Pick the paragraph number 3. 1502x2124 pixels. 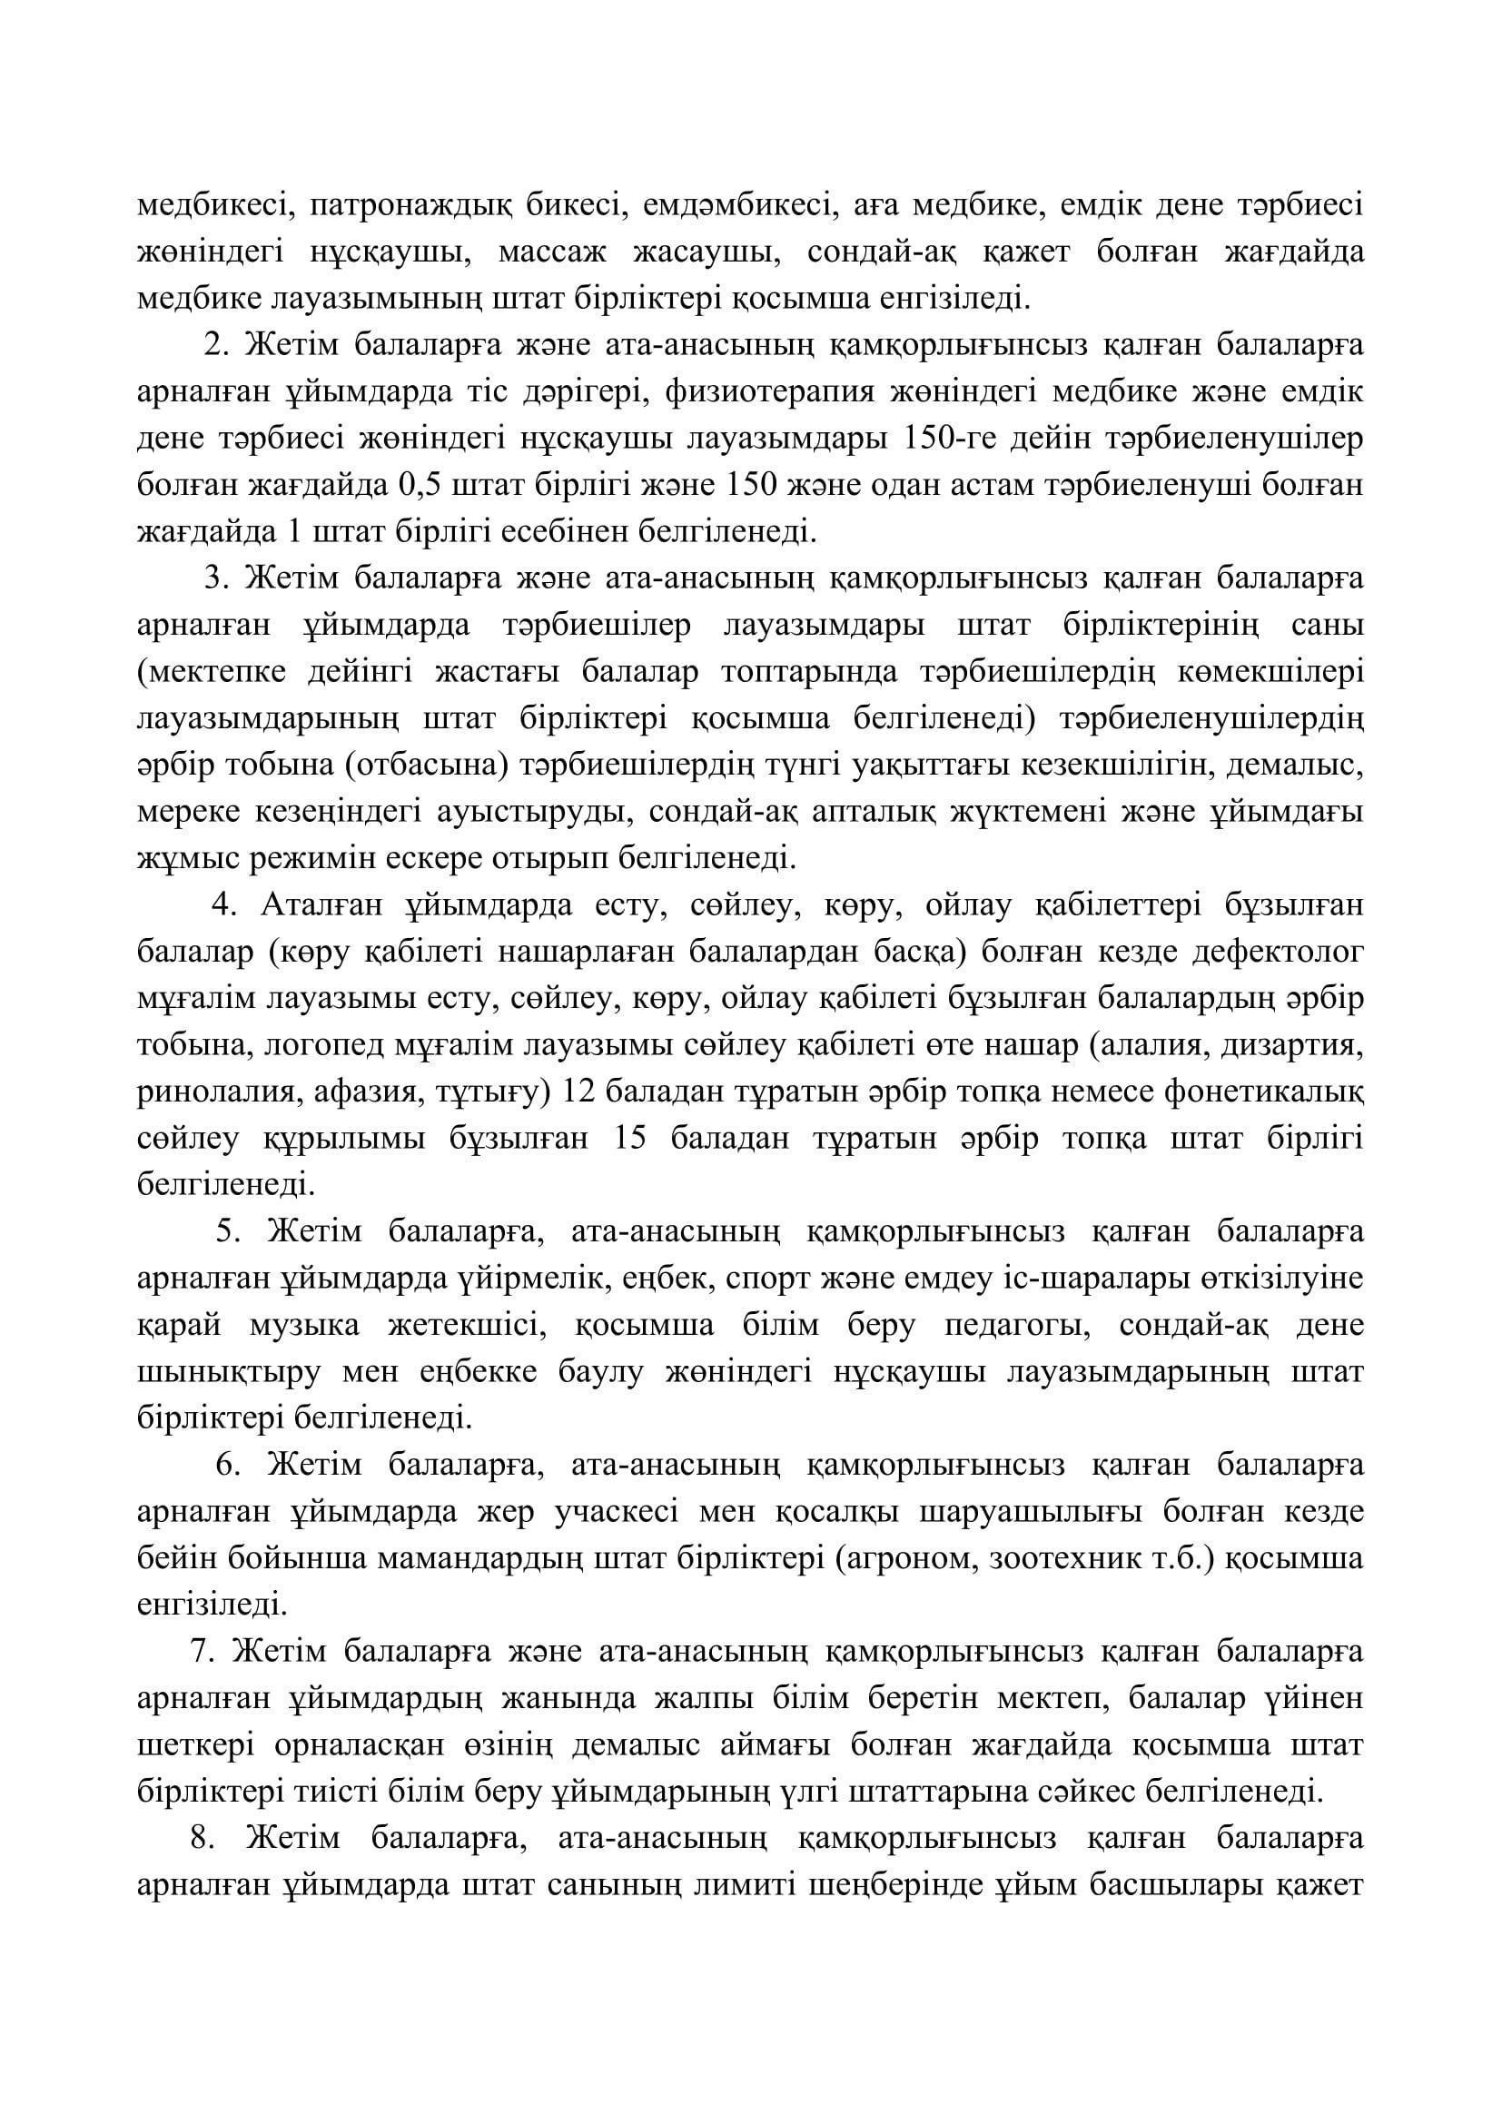(215, 579)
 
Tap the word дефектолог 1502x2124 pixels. (1278, 953)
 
